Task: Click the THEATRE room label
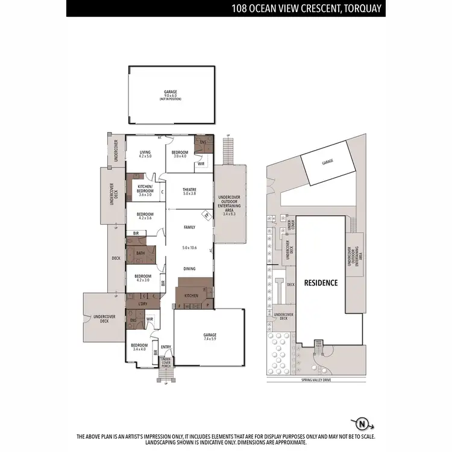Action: pos(189,190)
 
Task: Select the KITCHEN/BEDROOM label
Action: pos(145,189)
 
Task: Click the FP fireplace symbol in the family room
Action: pos(206,214)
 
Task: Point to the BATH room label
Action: pos(140,254)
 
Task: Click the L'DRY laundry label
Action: pos(142,303)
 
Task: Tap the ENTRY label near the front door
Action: pos(166,347)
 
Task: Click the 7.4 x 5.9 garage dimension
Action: pos(209,339)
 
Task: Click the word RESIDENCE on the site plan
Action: pos(321,282)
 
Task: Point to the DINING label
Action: pos(189,269)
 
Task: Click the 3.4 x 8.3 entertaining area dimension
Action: pos(230,213)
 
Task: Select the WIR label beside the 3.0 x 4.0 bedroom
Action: pos(201,163)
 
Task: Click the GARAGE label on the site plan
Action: pos(327,162)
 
